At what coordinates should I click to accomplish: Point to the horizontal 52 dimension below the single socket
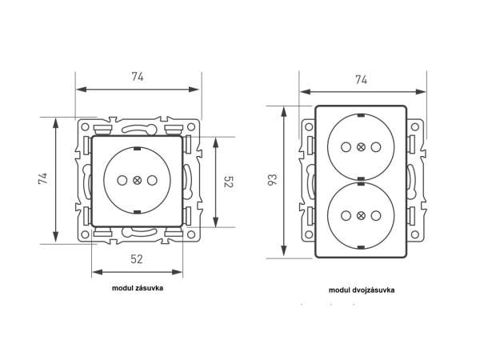coord(137,258)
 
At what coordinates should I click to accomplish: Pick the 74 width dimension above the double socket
coord(361,79)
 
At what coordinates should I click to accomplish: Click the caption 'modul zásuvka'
coord(138,288)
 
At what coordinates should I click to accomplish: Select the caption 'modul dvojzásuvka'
coord(361,290)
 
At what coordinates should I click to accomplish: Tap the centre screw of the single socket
coord(137,181)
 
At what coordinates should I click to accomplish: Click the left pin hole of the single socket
coord(122,181)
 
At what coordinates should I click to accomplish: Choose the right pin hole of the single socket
coord(151,181)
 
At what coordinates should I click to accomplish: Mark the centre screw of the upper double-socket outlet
coord(361,147)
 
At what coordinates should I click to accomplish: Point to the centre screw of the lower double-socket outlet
coord(361,215)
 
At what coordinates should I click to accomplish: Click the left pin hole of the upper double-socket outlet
coord(346,147)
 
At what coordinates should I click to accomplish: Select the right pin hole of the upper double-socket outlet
coord(375,147)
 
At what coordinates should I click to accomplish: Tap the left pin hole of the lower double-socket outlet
coord(346,215)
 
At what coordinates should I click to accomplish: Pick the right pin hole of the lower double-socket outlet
coord(375,215)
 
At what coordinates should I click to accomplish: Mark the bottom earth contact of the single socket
coord(137,212)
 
